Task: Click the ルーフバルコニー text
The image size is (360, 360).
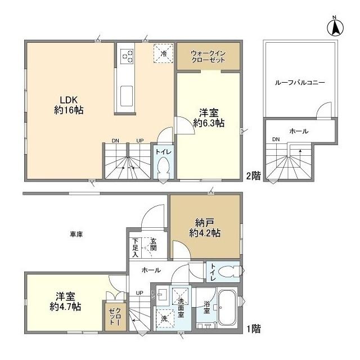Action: point(300,83)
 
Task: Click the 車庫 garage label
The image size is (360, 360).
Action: point(76,234)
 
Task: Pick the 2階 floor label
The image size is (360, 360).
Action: point(253,175)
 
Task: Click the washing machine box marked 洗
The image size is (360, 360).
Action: point(165,318)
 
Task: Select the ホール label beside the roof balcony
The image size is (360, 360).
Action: point(298,131)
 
